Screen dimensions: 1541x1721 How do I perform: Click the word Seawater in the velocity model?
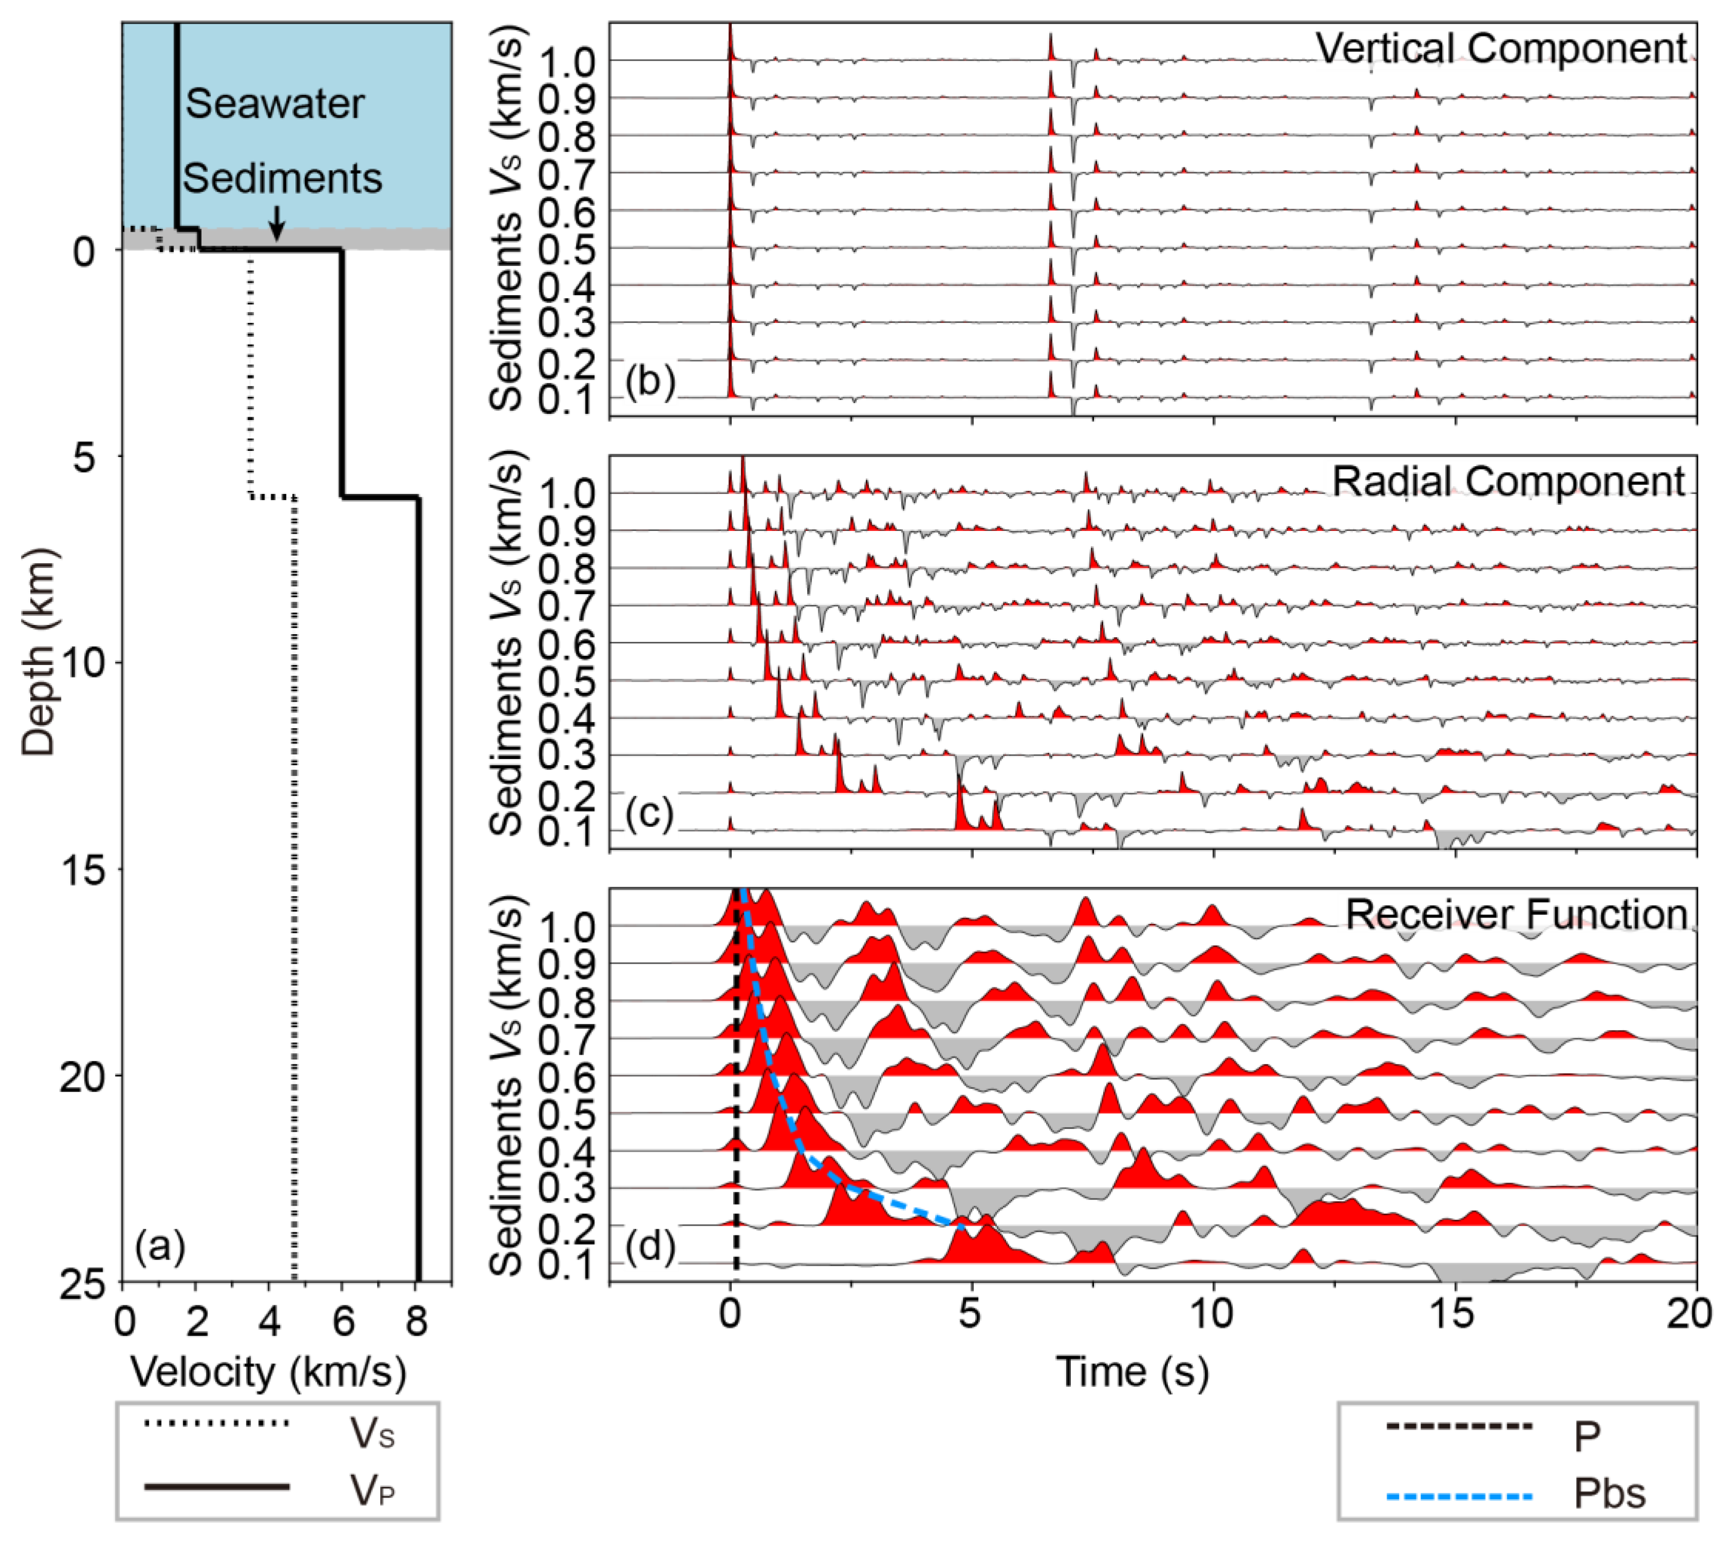tap(275, 104)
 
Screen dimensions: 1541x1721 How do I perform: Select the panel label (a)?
tap(160, 1246)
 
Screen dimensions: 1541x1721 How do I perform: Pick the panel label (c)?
tap(650, 814)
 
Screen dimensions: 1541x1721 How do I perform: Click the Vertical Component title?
tap(1501, 49)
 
